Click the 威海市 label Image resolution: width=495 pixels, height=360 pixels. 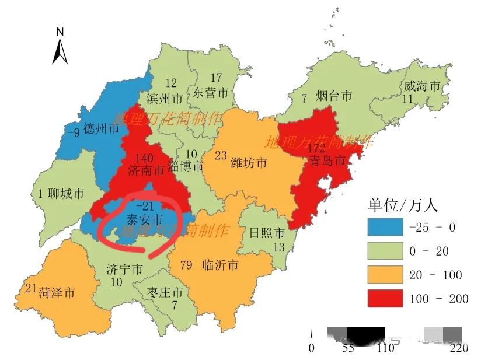(x=422, y=86)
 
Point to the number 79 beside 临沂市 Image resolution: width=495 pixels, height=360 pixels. (x=187, y=265)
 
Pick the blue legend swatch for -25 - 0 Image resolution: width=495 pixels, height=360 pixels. (x=385, y=228)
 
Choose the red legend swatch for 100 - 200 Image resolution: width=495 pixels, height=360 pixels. (x=385, y=299)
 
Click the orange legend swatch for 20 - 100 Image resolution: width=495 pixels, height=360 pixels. (x=385, y=275)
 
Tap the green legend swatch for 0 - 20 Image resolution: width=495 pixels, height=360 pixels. (x=385, y=251)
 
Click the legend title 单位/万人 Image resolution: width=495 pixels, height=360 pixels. (x=403, y=205)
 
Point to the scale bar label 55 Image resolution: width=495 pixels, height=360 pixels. (x=348, y=348)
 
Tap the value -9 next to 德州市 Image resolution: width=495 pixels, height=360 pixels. (x=74, y=132)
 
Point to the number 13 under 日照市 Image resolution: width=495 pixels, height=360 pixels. (x=278, y=247)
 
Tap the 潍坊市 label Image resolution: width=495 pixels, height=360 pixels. (x=249, y=162)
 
